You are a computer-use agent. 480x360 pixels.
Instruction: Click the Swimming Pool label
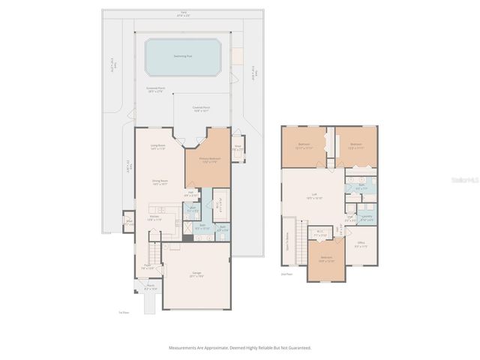(x=182, y=55)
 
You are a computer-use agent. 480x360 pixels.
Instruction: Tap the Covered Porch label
(x=200, y=109)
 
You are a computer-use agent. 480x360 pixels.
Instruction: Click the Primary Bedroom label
(x=208, y=160)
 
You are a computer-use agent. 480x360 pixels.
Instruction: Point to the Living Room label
(x=157, y=148)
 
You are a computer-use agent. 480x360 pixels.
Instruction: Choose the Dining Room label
(x=160, y=182)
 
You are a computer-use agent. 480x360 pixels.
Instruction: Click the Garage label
(x=196, y=274)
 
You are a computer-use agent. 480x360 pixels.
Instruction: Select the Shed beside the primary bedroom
(x=238, y=148)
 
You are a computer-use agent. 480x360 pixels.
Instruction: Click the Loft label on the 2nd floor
(x=314, y=197)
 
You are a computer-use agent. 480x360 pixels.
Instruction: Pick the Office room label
(x=360, y=244)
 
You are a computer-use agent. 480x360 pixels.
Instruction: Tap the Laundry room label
(x=367, y=217)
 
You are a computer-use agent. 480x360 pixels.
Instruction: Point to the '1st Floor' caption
(x=124, y=313)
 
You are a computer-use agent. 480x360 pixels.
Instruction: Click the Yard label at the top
(x=182, y=13)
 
